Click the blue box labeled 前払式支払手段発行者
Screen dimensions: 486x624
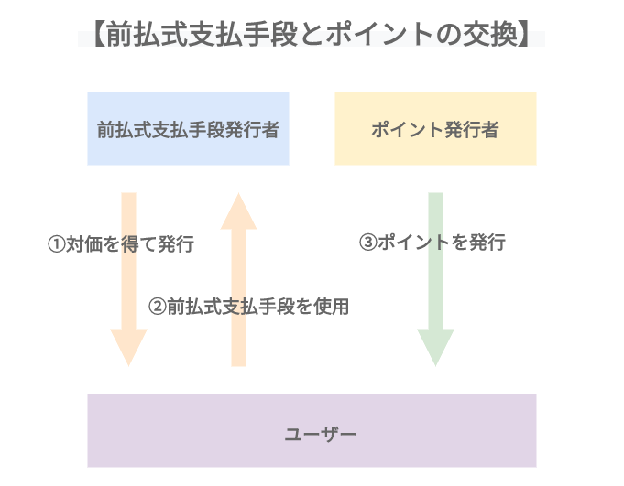[188, 128]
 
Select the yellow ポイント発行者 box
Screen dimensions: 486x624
[435, 128]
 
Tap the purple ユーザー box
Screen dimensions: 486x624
[312, 430]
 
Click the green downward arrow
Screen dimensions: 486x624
[436, 275]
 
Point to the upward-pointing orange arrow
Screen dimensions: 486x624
[238, 284]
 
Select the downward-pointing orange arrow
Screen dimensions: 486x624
[128, 275]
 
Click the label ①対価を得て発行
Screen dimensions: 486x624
[121, 244]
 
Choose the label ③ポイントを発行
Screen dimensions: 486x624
[432, 243]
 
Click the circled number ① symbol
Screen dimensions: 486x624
[56, 244]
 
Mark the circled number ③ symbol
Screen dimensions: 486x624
[367, 243]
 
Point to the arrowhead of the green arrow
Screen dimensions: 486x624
[436, 346]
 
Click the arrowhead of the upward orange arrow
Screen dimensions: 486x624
[238, 212]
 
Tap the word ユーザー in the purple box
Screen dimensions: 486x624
[312, 431]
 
